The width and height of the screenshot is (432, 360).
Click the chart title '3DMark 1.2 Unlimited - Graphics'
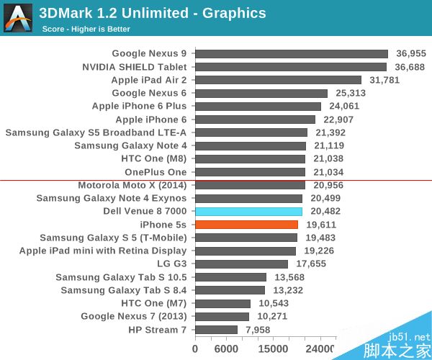coord(152,13)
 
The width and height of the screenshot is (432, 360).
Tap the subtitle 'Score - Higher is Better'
coord(87,29)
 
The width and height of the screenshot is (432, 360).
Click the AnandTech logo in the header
coord(18,18)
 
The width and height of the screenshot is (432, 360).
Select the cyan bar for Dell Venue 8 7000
coord(248,212)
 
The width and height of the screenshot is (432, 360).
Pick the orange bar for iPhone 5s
coord(246,225)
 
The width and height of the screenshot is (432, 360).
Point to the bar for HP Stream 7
coord(216,330)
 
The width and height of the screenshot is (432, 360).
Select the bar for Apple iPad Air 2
coord(278,80)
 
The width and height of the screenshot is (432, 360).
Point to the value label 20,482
coord(325,212)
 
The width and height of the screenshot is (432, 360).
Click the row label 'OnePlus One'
coord(156,172)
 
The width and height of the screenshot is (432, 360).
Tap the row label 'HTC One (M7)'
coord(154,303)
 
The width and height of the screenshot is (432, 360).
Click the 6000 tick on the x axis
coord(227,349)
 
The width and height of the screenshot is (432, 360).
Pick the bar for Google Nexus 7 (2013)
coord(222,317)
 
